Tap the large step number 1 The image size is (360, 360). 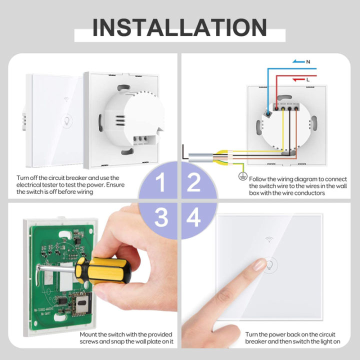[x=159, y=184]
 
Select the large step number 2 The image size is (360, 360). [x=194, y=184]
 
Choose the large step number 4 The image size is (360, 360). [x=194, y=218]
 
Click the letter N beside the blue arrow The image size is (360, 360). [x=307, y=61]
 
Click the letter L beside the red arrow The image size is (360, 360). [x=307, y=79]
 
